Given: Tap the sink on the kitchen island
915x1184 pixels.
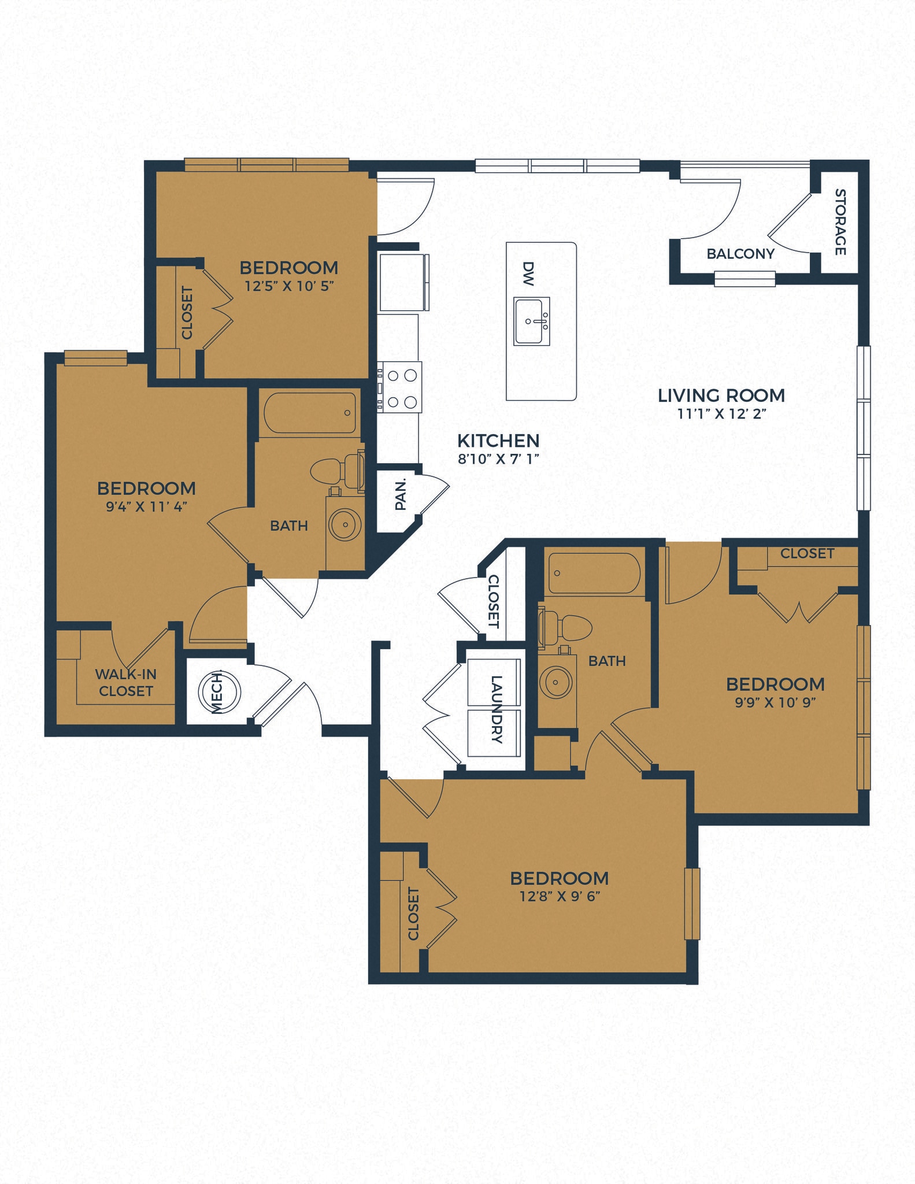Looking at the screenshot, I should point(531,321).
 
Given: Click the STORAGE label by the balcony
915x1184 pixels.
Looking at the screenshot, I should point(840,222).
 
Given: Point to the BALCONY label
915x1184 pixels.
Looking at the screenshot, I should point(740,254).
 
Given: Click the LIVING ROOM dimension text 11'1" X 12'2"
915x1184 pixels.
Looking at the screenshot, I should point(721,414).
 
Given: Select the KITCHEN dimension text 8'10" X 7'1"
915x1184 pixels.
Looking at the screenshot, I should point(498,459).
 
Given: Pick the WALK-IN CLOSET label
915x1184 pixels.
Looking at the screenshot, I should point(125,683).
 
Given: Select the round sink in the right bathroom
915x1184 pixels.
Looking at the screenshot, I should point(555,682).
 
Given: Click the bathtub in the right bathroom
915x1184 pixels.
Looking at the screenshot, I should point(594,574).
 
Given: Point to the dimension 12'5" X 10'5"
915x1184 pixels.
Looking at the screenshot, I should point(289,286).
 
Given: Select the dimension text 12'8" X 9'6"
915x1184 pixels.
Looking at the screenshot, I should point(559,897).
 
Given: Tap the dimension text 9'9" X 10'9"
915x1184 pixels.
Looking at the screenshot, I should point(775,702).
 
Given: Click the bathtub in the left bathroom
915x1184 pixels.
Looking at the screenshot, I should point(310,413).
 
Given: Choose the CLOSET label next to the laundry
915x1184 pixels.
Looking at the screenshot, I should point(492,601).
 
